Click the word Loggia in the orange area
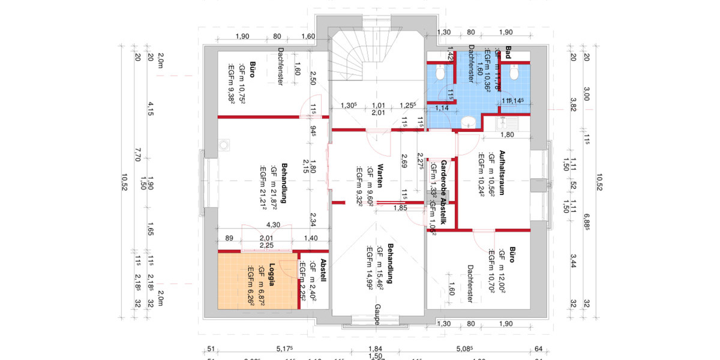pos(271,275)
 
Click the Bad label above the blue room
pos(508,52)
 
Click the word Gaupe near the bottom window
pos(377,314)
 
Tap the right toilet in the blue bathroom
pos(514,73)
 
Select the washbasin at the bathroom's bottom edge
pos(467,122)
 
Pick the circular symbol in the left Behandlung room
pos(224,145)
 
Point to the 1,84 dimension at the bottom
pos(374,349)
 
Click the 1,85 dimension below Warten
pos(400,208)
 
